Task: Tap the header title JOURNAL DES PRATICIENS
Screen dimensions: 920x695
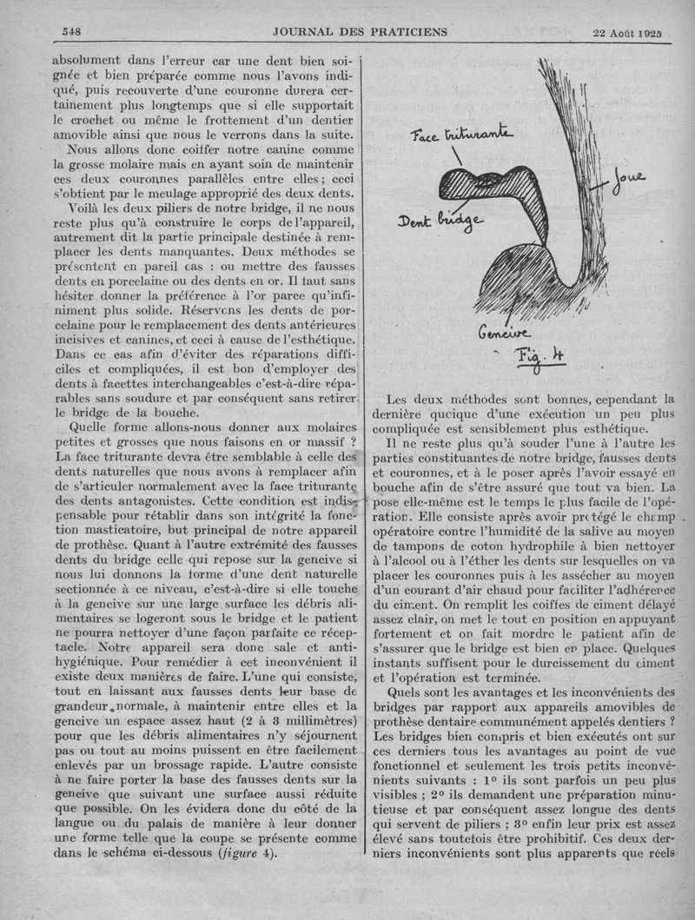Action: pyautogui.click(x=360, y=32)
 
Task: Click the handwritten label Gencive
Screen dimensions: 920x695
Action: pyautogui.click(x=501, y=334)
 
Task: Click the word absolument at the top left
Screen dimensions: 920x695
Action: pyautogui.click(x=88, y=62)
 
